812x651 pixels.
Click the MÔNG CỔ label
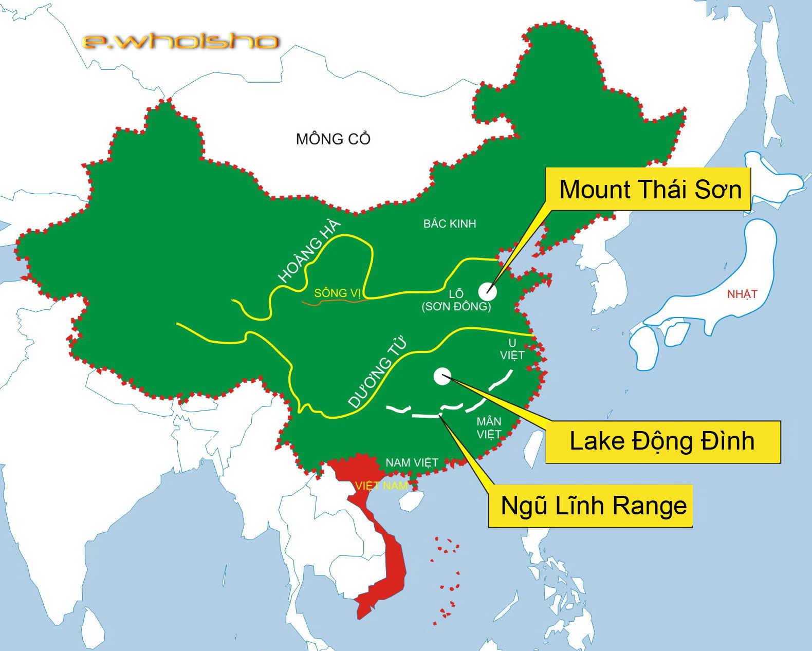click(x=333, y=139)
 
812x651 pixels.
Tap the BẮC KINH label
click(x=450, y=224)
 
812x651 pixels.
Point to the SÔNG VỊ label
click(x=337, y=293)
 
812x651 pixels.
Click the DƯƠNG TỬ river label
click(x=377, y=372)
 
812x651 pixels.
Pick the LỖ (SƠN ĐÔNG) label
click(x=456, y=301)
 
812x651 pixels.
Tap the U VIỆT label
click(x=512, y=349)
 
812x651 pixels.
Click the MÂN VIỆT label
click(x=489, y=428)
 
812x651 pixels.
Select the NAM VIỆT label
click(x=412, y=462)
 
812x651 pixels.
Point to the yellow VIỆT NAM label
click(x=381, y=486)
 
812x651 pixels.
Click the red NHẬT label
click(x=742, y=294)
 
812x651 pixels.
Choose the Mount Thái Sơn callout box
click(x=650, y=189)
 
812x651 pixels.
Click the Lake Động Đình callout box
click(x=662, y=441)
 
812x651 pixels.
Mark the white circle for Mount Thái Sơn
click(x=487, y=291)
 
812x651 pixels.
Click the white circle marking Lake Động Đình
click(x=442, y=376)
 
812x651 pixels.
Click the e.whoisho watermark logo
click(x=180, y=41)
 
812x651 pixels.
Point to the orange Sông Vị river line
click(x=334, y=302)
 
